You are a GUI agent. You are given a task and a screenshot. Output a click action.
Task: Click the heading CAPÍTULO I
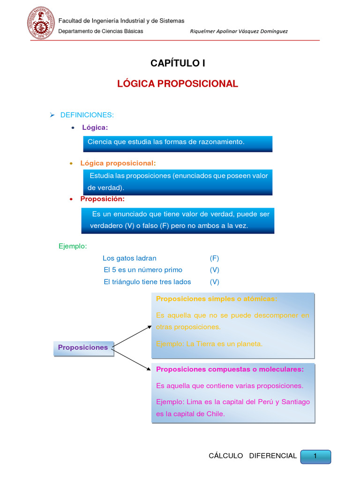pos(178,63)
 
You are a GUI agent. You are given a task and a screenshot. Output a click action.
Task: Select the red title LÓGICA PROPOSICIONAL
pos(178,84)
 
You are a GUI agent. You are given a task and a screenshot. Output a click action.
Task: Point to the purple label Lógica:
pos(95,127)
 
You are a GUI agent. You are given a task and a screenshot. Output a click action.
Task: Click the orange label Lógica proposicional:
pos(118,163)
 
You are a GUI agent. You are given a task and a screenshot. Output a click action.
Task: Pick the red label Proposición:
pos(102,199)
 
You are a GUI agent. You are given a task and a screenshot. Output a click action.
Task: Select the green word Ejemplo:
pos(73,246)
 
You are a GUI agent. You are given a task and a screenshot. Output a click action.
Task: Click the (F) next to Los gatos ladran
pos(214,258)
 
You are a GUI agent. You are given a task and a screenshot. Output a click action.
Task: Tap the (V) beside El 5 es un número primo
pos(214,270)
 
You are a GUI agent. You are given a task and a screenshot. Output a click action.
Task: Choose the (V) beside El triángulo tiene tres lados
pos(214,282)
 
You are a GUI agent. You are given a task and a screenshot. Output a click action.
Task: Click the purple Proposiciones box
pos(83,348)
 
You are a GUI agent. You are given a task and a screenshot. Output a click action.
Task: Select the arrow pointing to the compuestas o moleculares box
pos(133,360)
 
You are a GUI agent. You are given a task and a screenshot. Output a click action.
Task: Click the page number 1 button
pos(315,456)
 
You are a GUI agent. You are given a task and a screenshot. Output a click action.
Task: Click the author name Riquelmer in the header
pos(204,31)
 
